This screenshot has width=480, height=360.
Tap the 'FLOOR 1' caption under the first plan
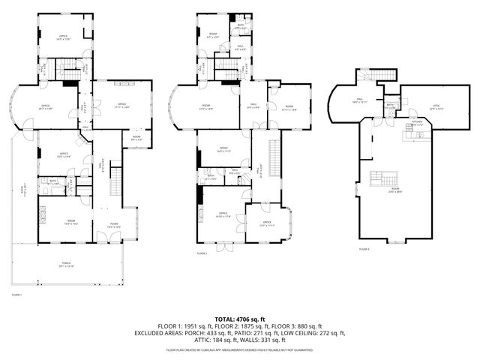pyautogui.click(x=16, y=295)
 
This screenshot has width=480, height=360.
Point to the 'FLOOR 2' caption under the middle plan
pyautogui.click(x=202, y=253)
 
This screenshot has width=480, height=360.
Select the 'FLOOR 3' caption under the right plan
pyautogui.click(x=364, y=248)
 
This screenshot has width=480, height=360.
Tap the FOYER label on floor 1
pyautogui.click(x=114, y=224)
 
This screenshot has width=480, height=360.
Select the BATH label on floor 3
pyautogui.click(x=390, y=106)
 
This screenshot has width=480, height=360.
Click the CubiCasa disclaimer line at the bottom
pyautogui.click(x=239, y=349)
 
